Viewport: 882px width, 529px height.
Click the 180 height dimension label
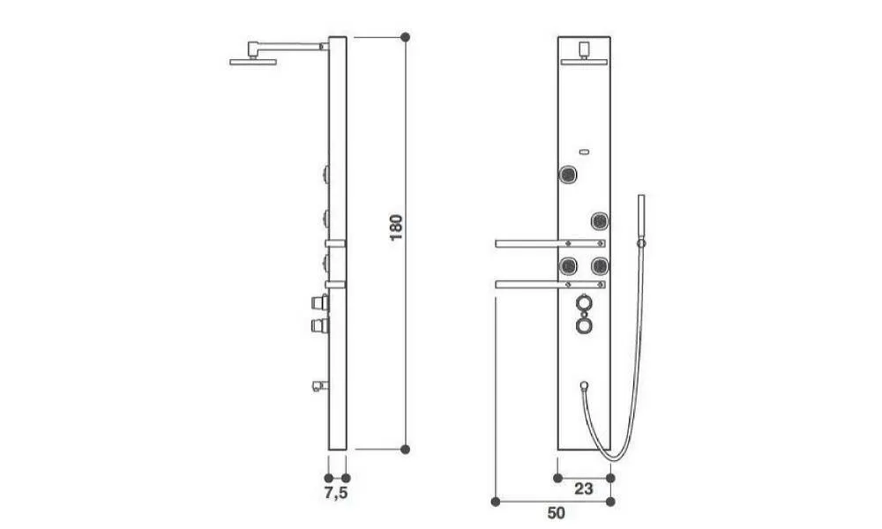coord(396,227)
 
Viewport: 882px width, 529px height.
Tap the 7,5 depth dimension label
coord(336,494)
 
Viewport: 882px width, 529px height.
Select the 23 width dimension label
coord(583,489)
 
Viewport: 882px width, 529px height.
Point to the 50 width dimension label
coord(556,513)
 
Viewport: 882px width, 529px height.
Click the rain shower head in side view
coord(253,62)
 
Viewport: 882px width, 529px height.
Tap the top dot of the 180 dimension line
coord(405,37)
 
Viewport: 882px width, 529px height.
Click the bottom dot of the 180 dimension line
coord(405,449)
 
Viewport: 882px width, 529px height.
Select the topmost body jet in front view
coord(569,175)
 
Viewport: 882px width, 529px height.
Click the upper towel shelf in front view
coord(550,243)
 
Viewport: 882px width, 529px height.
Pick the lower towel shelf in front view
coord(550,285)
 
